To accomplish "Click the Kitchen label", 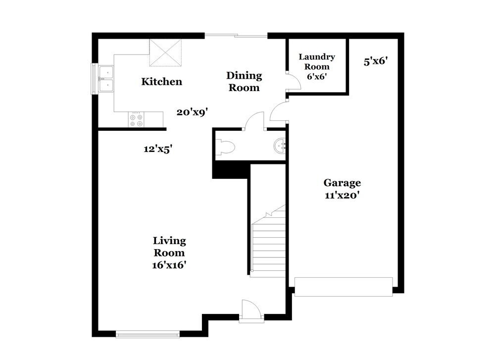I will coord(161,82).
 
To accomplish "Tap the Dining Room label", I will coord(244,82).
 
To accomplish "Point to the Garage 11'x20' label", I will coord(342,189).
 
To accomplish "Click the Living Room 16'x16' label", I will coord(169,253).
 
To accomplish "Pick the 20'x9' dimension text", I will coord(192,112).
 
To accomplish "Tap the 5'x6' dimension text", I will coord(375,61).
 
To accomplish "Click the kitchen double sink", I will coord(106,79).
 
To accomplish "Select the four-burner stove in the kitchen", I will coord(136,119).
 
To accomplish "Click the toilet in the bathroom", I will coord(227,146).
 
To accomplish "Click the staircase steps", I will coord(269,248).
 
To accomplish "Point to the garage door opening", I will coord(344,286).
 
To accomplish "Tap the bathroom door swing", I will coord(255,121).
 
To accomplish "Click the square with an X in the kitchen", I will coord(165,52).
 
